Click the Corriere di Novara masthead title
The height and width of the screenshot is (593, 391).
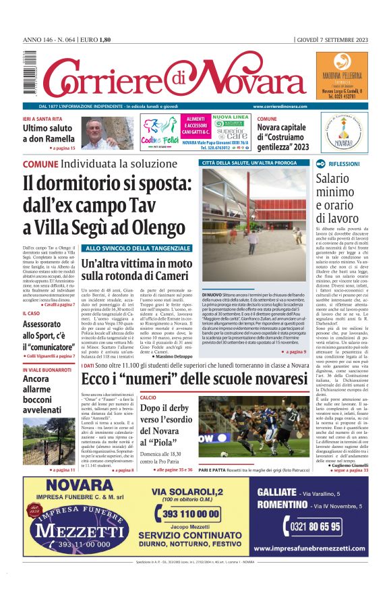[x=164, y=75]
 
